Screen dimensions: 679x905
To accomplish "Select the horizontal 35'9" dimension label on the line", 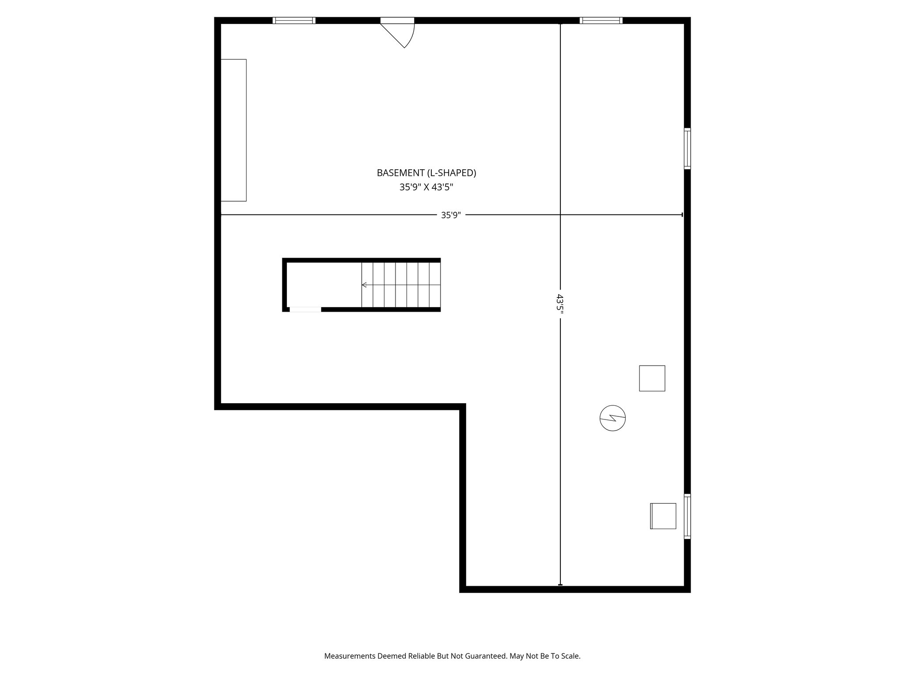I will [451, 215].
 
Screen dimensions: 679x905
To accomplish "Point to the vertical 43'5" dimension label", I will [560, 304].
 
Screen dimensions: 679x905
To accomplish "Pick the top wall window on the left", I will [294, 20].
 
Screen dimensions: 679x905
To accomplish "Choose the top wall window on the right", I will [601, 20].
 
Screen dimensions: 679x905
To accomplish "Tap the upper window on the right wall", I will [687, 149].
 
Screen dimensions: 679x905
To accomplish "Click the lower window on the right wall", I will [687, 516].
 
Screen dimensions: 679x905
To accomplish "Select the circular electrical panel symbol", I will [612, 418].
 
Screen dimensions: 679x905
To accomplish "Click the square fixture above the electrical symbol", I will [652, 378].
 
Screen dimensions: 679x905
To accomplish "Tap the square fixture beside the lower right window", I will [663, 516].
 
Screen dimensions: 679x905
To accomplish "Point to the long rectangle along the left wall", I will [233, 130].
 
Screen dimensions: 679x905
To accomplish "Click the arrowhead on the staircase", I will [364, 285].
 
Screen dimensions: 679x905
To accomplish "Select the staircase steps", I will [401, 285].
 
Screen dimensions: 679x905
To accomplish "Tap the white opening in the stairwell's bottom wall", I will [305, 309].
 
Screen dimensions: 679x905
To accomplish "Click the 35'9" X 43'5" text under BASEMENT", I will [426, 187].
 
